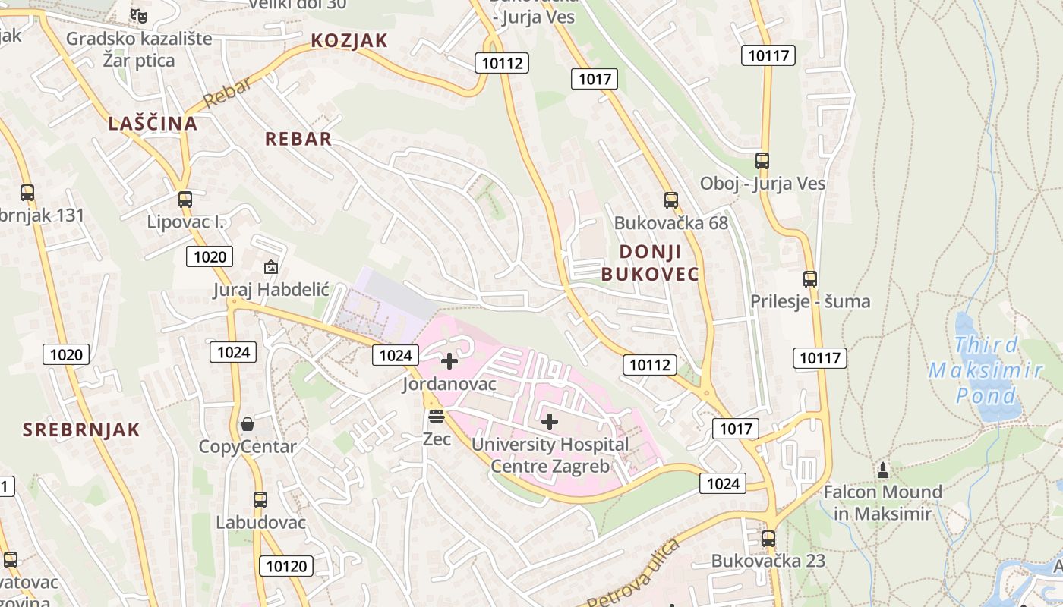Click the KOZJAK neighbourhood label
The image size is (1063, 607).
pos(349,41)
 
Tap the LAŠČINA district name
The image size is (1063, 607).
pos(153,124)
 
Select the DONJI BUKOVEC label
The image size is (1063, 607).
pos(650,263)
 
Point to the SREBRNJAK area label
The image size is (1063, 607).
pos(81,429)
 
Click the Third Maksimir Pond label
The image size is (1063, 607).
pos(986,370)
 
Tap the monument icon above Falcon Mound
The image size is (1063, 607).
pos(882,470)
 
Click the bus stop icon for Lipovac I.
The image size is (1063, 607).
pos(185,200)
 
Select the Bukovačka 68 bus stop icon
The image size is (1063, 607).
pos(670,200)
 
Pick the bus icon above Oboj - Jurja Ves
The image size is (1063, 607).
pos(762,161)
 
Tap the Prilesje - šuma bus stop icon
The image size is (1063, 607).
pos(809,279)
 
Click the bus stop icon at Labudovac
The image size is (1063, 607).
pos(260,500)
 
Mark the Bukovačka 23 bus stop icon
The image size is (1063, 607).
pos(768,539)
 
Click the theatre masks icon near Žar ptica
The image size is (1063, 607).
pos(138,15)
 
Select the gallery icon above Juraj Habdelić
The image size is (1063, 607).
pos(270,267)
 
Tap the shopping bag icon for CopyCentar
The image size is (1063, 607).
pos(247,424)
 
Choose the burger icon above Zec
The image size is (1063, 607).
pos(435,417)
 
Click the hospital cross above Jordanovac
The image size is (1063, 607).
pos(449,361)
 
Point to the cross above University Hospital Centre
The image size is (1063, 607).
pos(550,422)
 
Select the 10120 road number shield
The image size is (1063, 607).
pos(287,565)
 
